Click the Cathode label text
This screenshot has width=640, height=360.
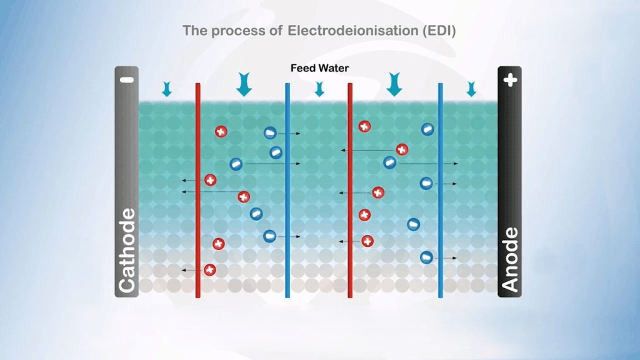[x=126, y=251]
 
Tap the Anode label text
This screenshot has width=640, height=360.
[x=510, y=259]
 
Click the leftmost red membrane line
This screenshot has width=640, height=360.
[x=197, y=187]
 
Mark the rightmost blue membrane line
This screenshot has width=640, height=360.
[x=441, y=187]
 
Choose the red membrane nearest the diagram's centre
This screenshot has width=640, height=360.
[x=350, y=187]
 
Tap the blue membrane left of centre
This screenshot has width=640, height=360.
[x=287, y=187]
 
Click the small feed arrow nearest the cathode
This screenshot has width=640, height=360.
[x=166, y=89]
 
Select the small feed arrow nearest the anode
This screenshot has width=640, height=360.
[x=471, y=89]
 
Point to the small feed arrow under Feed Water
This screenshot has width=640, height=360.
[x=319, y=89]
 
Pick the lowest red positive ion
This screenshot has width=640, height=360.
[x=210, y=269]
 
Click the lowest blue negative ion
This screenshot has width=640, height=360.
[x=426, y=256]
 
